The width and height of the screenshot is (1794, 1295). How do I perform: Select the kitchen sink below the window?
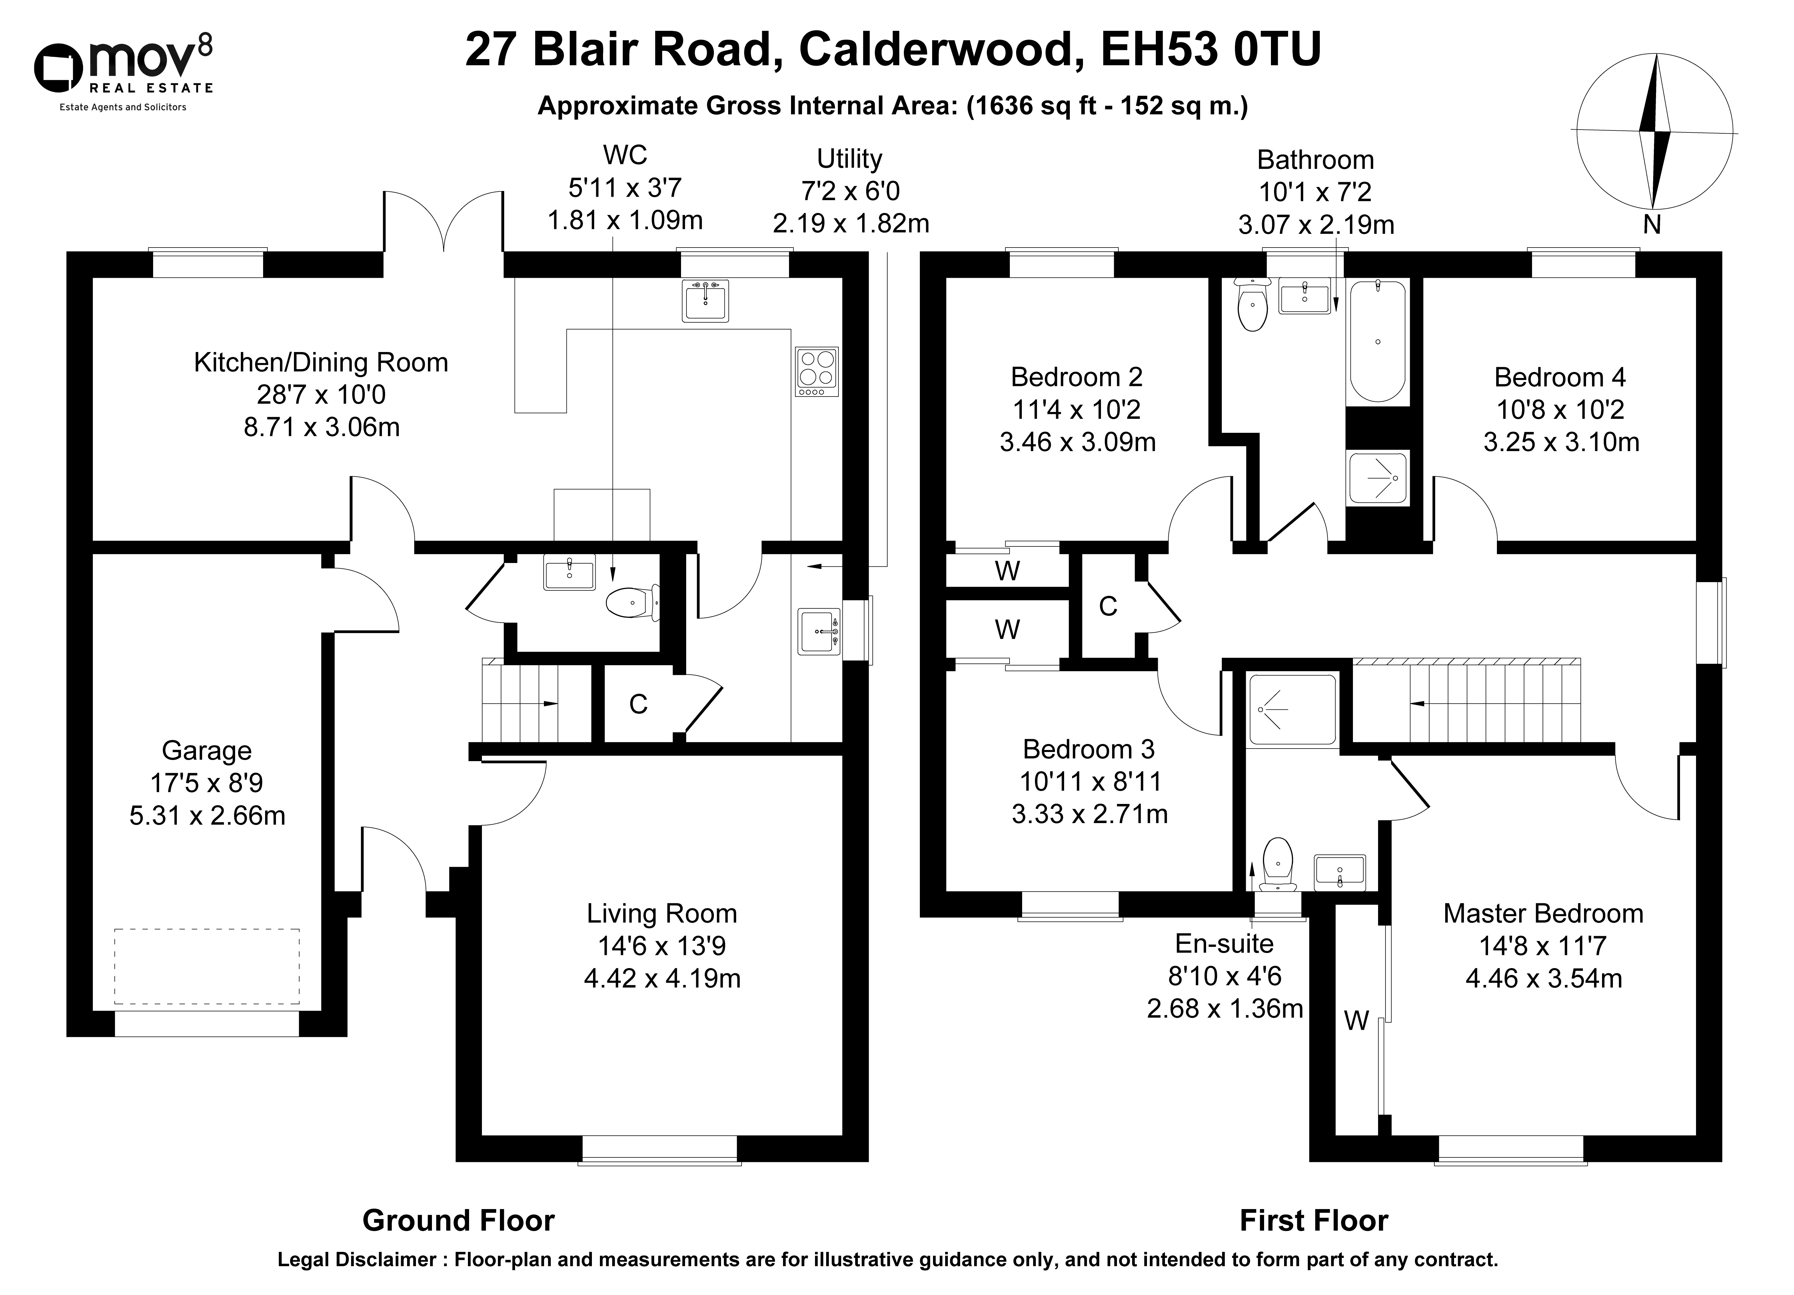click(705, 300)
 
